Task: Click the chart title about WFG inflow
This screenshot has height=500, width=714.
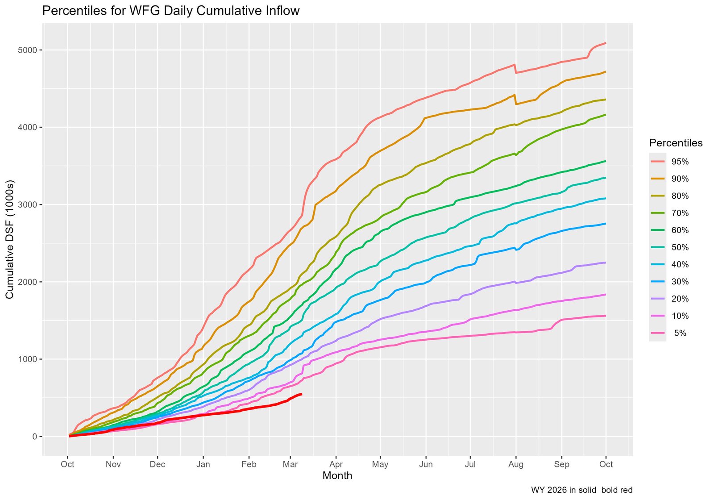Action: click(170, 11)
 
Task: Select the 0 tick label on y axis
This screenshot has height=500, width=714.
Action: click(34, 437)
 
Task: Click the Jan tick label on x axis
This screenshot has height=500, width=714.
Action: click(203, 464)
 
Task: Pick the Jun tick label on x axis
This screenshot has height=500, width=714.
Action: click(426, 464)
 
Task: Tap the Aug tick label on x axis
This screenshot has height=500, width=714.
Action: click(516, 464)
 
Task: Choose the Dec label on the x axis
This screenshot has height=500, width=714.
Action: click(158, 464)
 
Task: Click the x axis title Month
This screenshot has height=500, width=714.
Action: click(337, 476)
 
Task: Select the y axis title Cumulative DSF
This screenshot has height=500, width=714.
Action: click(10, 240)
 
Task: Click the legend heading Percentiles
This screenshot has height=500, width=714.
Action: click(676, 143)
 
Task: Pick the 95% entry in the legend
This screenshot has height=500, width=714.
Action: click(680, 162)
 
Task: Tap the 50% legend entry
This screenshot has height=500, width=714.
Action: click(680, 247)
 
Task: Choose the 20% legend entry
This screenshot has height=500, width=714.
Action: click(680, 299)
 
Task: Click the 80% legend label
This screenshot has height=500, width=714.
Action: click(680, 196)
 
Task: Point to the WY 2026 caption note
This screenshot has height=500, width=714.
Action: click(581, 490)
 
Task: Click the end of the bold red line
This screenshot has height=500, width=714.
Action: click(302, 394)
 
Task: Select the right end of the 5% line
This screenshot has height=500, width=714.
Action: click(606, 316)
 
